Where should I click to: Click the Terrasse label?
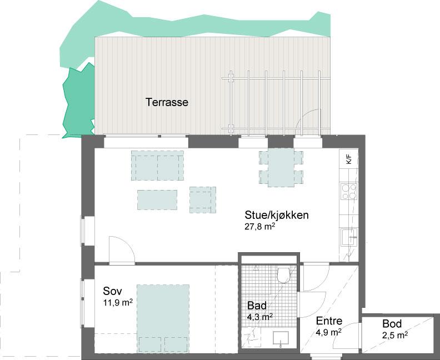pyautogui.click(x=167, y=102)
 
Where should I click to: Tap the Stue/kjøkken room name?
pyautogui.click(x=277, y=215)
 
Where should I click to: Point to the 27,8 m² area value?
pyautogui.click(x=259, y=227)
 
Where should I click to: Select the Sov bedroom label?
pyautogui.click(x=113, y=291)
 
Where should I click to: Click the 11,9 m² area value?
pyautogui.click(x=118, y=302)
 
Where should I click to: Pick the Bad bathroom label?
pyautogui.click(x=257, y=306)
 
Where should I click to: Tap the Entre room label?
pyautogui.click(x=329, y=321)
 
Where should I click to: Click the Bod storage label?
pyautogui.click(x=392, y=324)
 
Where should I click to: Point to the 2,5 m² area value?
pyautogui.click(x=395, y=335)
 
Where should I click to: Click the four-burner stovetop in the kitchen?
pyautogui.click(x=349, y=191)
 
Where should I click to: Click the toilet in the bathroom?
pyautogui.click(x=283, y=275)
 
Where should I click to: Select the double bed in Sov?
pyautogui.click(x=163, y=318)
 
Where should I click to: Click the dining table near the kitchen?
pyautogui.click(x=281, y=168)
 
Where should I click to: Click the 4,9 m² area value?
pyautogui.click(x=328, y=332)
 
